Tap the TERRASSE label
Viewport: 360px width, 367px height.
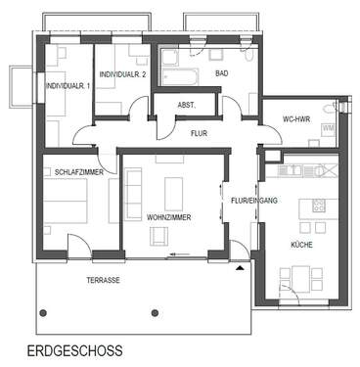pyautogui.click(x=102, y=279)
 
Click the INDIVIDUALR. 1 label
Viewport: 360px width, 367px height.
pyautogui.click(x=67, y=86)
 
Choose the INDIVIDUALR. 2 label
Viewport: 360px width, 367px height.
pyautogui.click(x=122, y=73)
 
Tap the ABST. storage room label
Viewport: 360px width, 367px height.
pyautogui.click(x=186, y=106)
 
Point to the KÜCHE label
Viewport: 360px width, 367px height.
pyautogui.click(x=302, y=246)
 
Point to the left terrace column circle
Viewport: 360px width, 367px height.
pyautogui.click(x=42, y=313)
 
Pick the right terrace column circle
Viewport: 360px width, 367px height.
pyautogui.click(x=154, y=313)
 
